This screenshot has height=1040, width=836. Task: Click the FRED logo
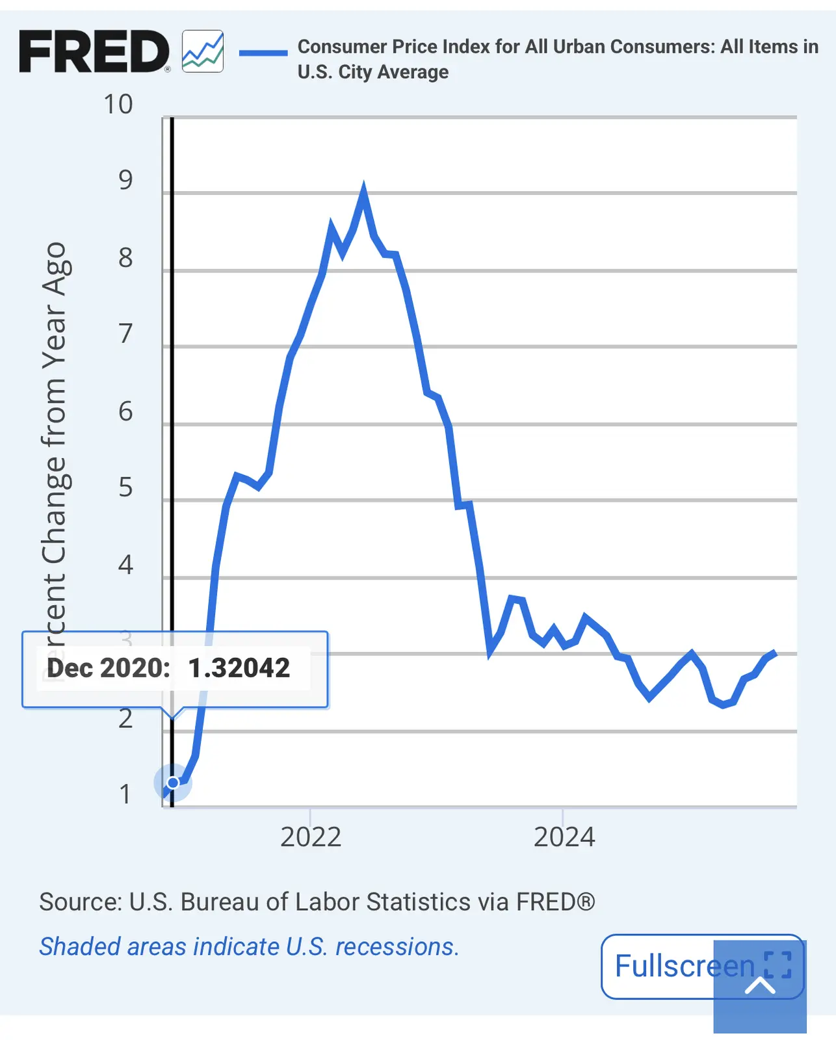[94, 51]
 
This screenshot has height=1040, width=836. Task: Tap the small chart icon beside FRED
[203, 51]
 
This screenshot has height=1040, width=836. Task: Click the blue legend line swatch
[263, 53]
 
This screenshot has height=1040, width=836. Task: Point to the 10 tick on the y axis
[118, 105]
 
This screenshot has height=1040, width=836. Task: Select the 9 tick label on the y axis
[125, 180]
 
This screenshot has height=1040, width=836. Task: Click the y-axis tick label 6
[125, 411]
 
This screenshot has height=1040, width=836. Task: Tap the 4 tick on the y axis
[125, 565]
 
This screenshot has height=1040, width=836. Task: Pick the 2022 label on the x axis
[311, 837]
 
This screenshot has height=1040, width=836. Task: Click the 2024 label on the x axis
[564, 837]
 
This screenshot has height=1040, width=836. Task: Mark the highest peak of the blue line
[363, 189]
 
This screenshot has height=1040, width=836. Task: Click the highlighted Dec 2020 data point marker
[173, 782]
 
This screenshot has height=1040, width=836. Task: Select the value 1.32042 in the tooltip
[239, 668]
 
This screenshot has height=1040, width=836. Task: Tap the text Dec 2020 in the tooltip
[108, 668]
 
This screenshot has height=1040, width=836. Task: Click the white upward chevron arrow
[760, 986]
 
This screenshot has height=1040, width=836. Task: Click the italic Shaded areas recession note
[249, 947]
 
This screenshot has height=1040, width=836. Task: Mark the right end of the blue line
[775, 652]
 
